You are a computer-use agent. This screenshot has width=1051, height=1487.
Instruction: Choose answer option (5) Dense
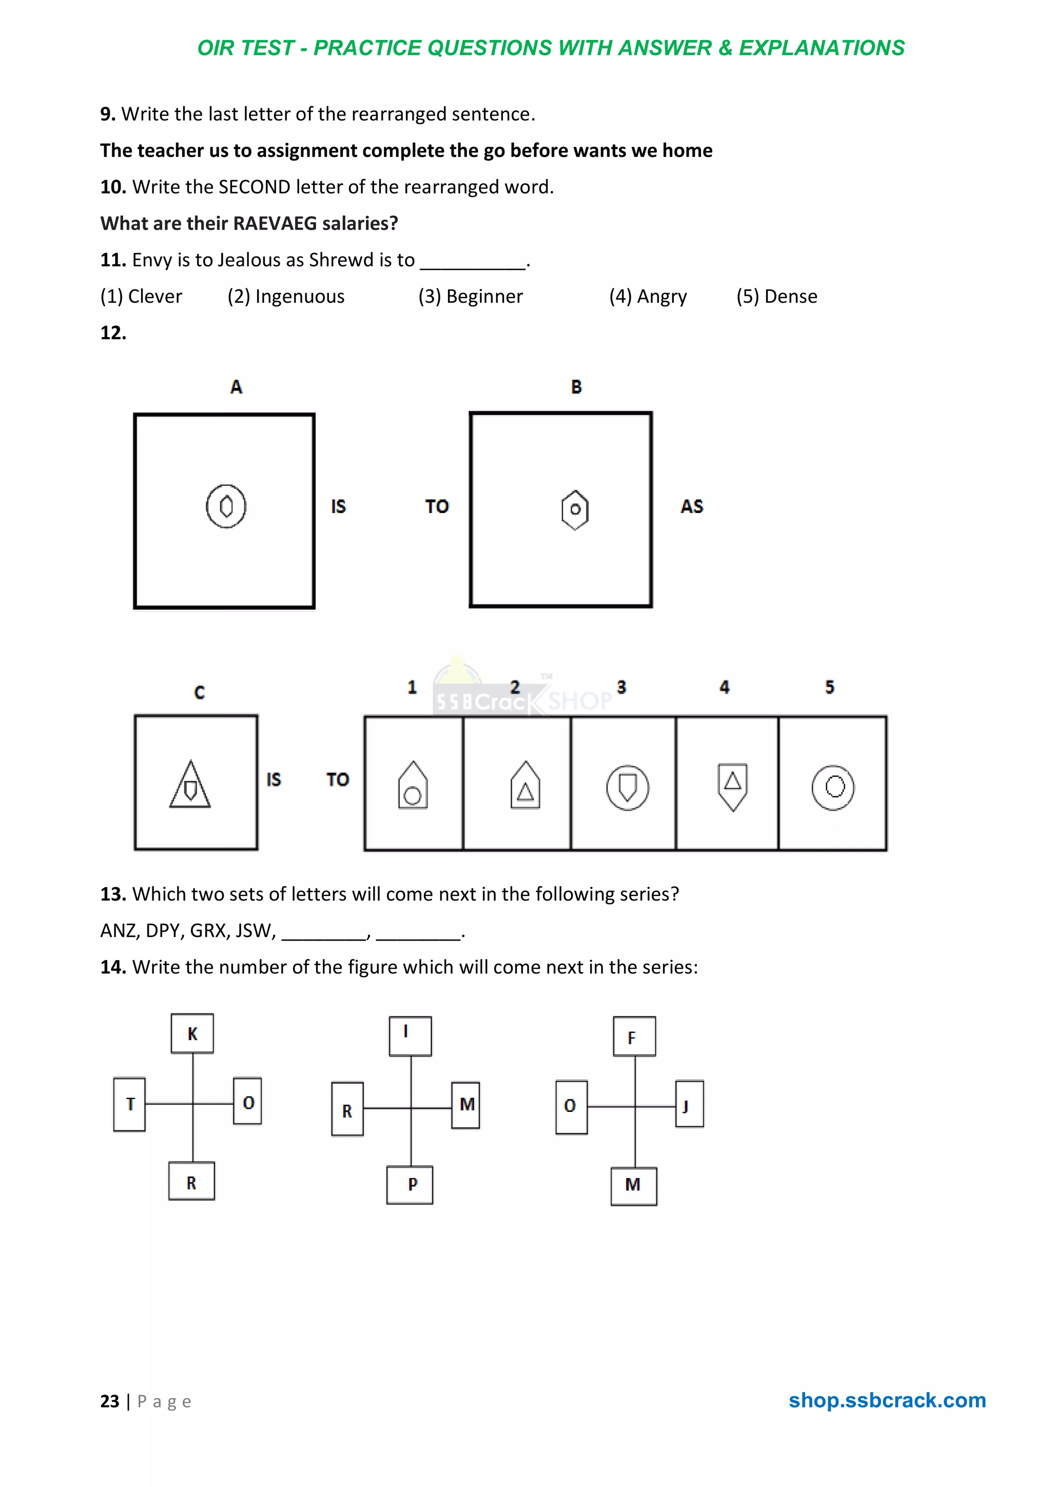click(x=776, y=297)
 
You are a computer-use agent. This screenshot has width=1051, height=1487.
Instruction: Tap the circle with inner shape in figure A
click(x=226, y=506)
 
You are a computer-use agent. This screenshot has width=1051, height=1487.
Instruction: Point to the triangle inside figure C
click(x=190, y=785)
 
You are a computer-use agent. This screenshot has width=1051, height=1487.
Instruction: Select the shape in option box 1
click(x=413, y=786)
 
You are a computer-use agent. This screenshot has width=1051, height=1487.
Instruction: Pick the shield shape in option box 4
click(x=732, y=786)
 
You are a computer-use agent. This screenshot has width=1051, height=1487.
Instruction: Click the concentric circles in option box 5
click(x=833, y=788)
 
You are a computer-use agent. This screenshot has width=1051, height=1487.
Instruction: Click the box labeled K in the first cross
click(x=192, y=1033)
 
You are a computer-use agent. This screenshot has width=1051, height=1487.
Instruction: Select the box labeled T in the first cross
click(x=129, y=1104)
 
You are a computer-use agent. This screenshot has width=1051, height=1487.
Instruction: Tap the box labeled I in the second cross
click(x=410, y=1035)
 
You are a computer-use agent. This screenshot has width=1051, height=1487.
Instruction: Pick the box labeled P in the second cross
click(x=410, y=1185)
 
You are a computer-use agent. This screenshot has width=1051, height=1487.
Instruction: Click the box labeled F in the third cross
click(x=634, y=1036)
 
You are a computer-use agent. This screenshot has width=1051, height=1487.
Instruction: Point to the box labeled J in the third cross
click(x=689, y=1104)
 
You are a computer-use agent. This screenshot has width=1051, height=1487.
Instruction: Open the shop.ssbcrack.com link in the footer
click(x=886, y=1400)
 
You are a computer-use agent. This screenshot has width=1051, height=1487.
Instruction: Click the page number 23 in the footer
click(x=109, y=1401)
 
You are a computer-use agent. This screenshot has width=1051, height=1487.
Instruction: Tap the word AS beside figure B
click(x=692, y=506)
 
